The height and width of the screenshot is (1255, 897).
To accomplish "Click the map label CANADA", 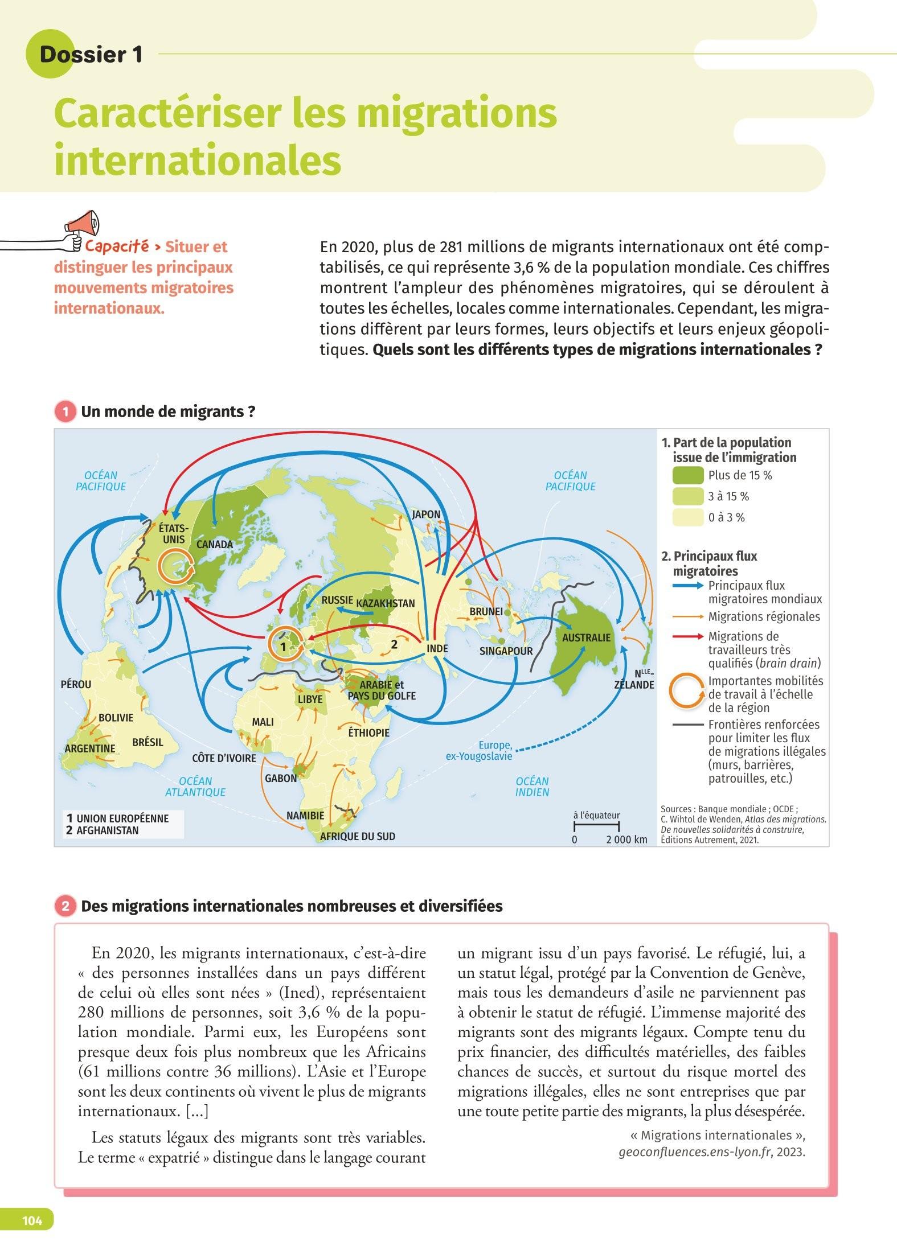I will tap(215, 544).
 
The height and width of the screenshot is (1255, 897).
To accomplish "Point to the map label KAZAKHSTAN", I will tap(386, 603).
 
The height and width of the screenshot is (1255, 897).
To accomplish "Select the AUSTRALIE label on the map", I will tap(586, 637).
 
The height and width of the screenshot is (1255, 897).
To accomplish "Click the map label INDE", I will tap(437, 648).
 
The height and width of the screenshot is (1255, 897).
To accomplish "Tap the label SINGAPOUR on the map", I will tap(506, 651).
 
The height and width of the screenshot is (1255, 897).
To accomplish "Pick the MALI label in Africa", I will tap(263, 722).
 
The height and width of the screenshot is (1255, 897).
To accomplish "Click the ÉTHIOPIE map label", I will tap(368, 733).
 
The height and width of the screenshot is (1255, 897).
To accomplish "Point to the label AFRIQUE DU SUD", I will tap(357, 836).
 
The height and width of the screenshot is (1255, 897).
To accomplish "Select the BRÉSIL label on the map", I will tap(148, 742).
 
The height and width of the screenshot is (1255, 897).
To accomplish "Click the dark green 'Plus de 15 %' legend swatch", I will tap(687, 475).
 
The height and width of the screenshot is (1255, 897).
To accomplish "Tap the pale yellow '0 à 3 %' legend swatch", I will tap(687, 517).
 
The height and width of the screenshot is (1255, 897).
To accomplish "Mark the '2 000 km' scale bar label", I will tap(626, 840).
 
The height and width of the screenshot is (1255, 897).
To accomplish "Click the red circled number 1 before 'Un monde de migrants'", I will tap(65, 412).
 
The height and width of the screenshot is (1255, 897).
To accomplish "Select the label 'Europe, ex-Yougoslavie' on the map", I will tap(478, 751).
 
